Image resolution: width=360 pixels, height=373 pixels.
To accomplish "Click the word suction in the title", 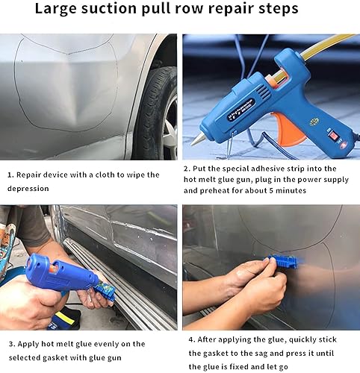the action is (x=109, y=8).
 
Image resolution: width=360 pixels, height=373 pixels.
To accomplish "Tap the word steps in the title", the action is (x=279, y=9).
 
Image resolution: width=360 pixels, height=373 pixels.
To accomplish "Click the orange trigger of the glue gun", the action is (x=289, y=129).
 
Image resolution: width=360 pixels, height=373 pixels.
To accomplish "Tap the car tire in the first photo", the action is (x=155, y=112).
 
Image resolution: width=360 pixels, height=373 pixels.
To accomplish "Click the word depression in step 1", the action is (x=28, y=189).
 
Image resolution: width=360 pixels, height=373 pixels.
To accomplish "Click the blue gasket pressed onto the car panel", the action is (x=284, y=262).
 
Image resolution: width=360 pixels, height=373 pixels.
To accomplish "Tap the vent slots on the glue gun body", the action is (x=264, y=92).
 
